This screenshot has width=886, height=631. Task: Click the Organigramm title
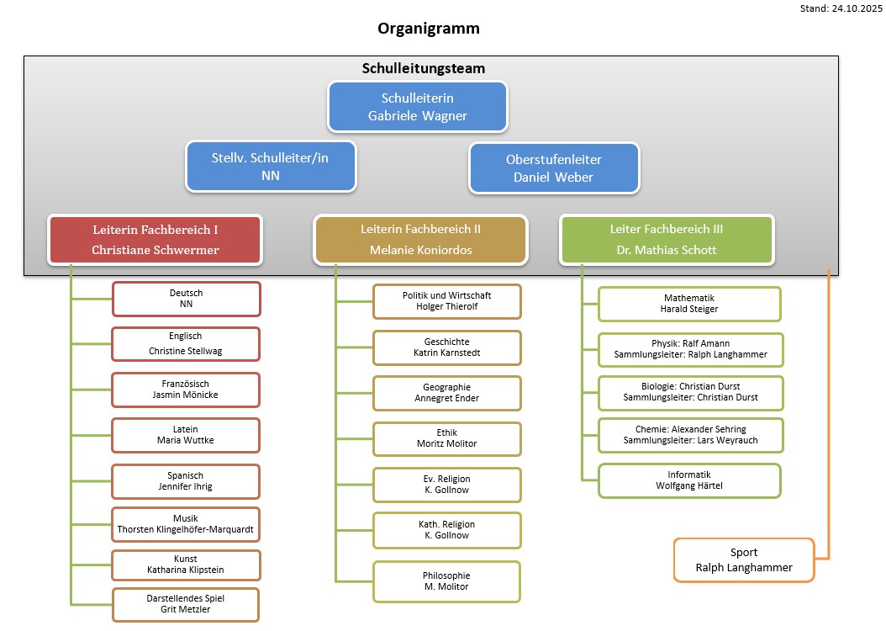[x=429, y=29]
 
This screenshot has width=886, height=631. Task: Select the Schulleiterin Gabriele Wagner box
[x=418, y=107]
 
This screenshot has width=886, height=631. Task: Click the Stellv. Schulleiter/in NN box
[x=271, y=167]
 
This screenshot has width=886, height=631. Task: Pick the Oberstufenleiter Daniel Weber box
[x=554, y=167]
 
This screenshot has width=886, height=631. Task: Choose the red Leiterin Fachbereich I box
[x=156, y=239]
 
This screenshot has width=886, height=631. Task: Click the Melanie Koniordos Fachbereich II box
[x=420, y=239]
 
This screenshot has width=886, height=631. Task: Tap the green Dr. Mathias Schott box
[x=667, y=239]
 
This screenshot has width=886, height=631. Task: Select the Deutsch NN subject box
[x=186, y=299]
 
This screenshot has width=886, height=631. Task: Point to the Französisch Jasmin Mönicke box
[x=186, y=390]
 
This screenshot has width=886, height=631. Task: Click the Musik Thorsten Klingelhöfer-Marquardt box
[x=186, y=525]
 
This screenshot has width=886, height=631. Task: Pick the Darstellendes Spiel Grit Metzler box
[x=186, y=604]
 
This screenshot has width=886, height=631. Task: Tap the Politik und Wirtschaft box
[x=446, y=301]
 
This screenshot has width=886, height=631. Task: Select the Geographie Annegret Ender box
[x=446, y=393]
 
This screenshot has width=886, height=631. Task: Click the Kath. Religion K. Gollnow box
[x=446, y=530]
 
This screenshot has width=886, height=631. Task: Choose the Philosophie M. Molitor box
[x=446, y=581]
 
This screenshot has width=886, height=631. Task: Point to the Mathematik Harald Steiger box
[x=689, y=304]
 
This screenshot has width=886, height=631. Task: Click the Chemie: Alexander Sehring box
[x=689, y=435]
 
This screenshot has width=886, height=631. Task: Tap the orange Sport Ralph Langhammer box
[x=744, y=559]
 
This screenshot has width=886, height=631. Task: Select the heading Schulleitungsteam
[x=424, y=68]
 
